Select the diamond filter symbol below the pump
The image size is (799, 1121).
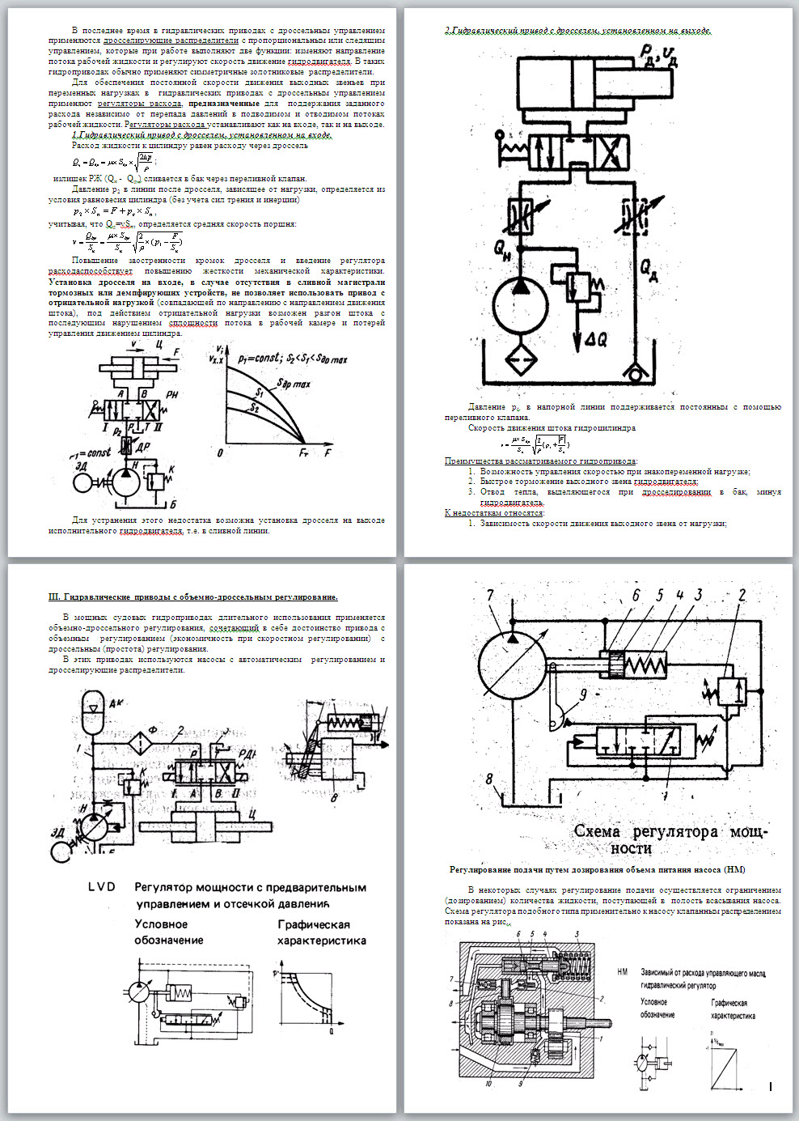tap(519, 359)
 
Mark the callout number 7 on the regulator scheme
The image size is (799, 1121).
tap(490, 597)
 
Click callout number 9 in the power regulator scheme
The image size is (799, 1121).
tap(582, 694)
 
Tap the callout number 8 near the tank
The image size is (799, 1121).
tap(490, 779)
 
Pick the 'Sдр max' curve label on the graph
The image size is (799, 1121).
tap(293, 384)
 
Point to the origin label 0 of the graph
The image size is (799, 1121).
tap(220, 452)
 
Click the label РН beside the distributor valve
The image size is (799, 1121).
tap(171, 394)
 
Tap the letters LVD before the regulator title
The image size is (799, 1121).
tap(102, 887)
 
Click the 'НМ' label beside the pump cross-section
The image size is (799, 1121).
tap(622, 971)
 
